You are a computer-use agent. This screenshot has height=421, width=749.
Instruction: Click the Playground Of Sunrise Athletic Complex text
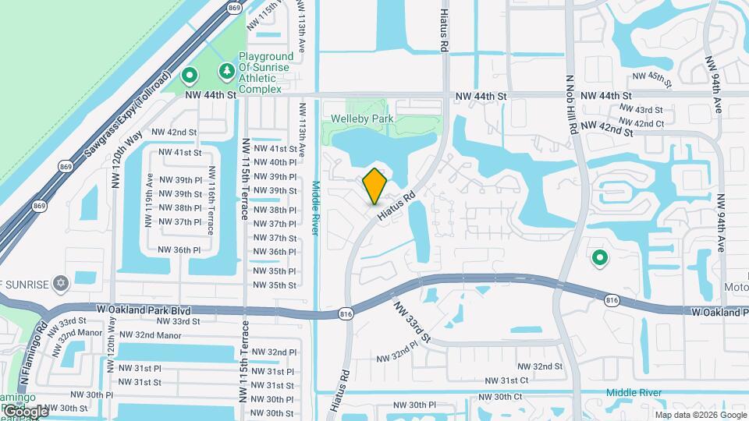pos(265,73)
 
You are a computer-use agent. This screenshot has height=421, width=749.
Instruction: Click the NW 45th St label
pos(652,76)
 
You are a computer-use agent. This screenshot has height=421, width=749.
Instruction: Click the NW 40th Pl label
pos(272,162)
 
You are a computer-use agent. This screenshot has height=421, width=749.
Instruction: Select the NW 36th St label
pos(272,252)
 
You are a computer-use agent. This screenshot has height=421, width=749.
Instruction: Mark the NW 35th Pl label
pos(272,271)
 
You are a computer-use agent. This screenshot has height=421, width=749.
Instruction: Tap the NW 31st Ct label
pos(507,380)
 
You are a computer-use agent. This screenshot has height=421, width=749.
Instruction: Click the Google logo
pos(25,411)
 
